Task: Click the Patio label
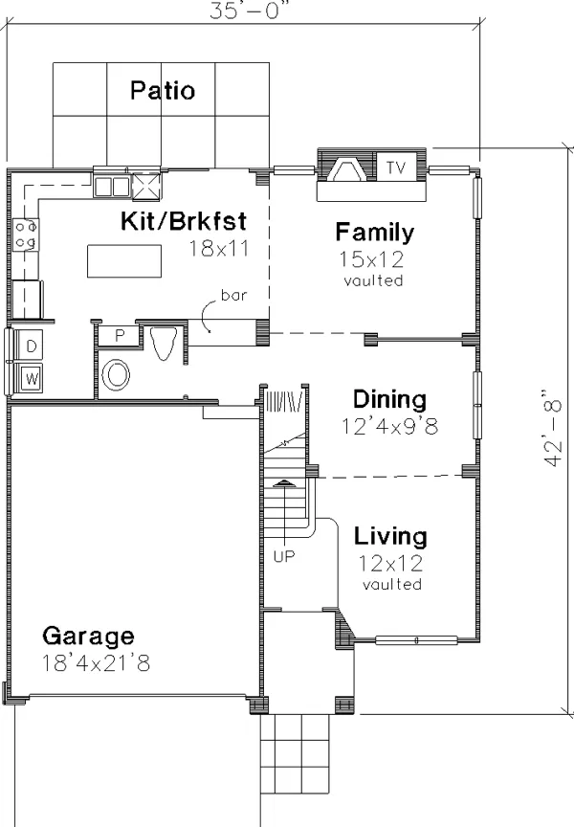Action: click(163, 90)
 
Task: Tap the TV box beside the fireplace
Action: click(396, 167)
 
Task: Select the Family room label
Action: click(375, 232)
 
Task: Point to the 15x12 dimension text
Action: click(371, 259)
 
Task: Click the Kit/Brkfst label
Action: click(184, 221)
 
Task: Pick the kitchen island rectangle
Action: click(124, 261)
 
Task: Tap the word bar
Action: click(233, 295)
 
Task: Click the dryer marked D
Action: click(31, 346)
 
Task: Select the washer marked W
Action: click(32, 378)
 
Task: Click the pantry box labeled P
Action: click(120, 335)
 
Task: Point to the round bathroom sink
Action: click(116, 375)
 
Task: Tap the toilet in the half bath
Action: click(164, 342)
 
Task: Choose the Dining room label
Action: click(389, 399)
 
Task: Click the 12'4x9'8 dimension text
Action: click(389, 426)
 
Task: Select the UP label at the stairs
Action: click(284, 556)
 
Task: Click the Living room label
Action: click(390, 536)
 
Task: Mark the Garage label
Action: click(88, 637)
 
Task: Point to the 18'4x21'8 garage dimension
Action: click(96, 663)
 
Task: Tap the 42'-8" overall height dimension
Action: click(551, 428)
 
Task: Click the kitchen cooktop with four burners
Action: click(25, 235)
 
